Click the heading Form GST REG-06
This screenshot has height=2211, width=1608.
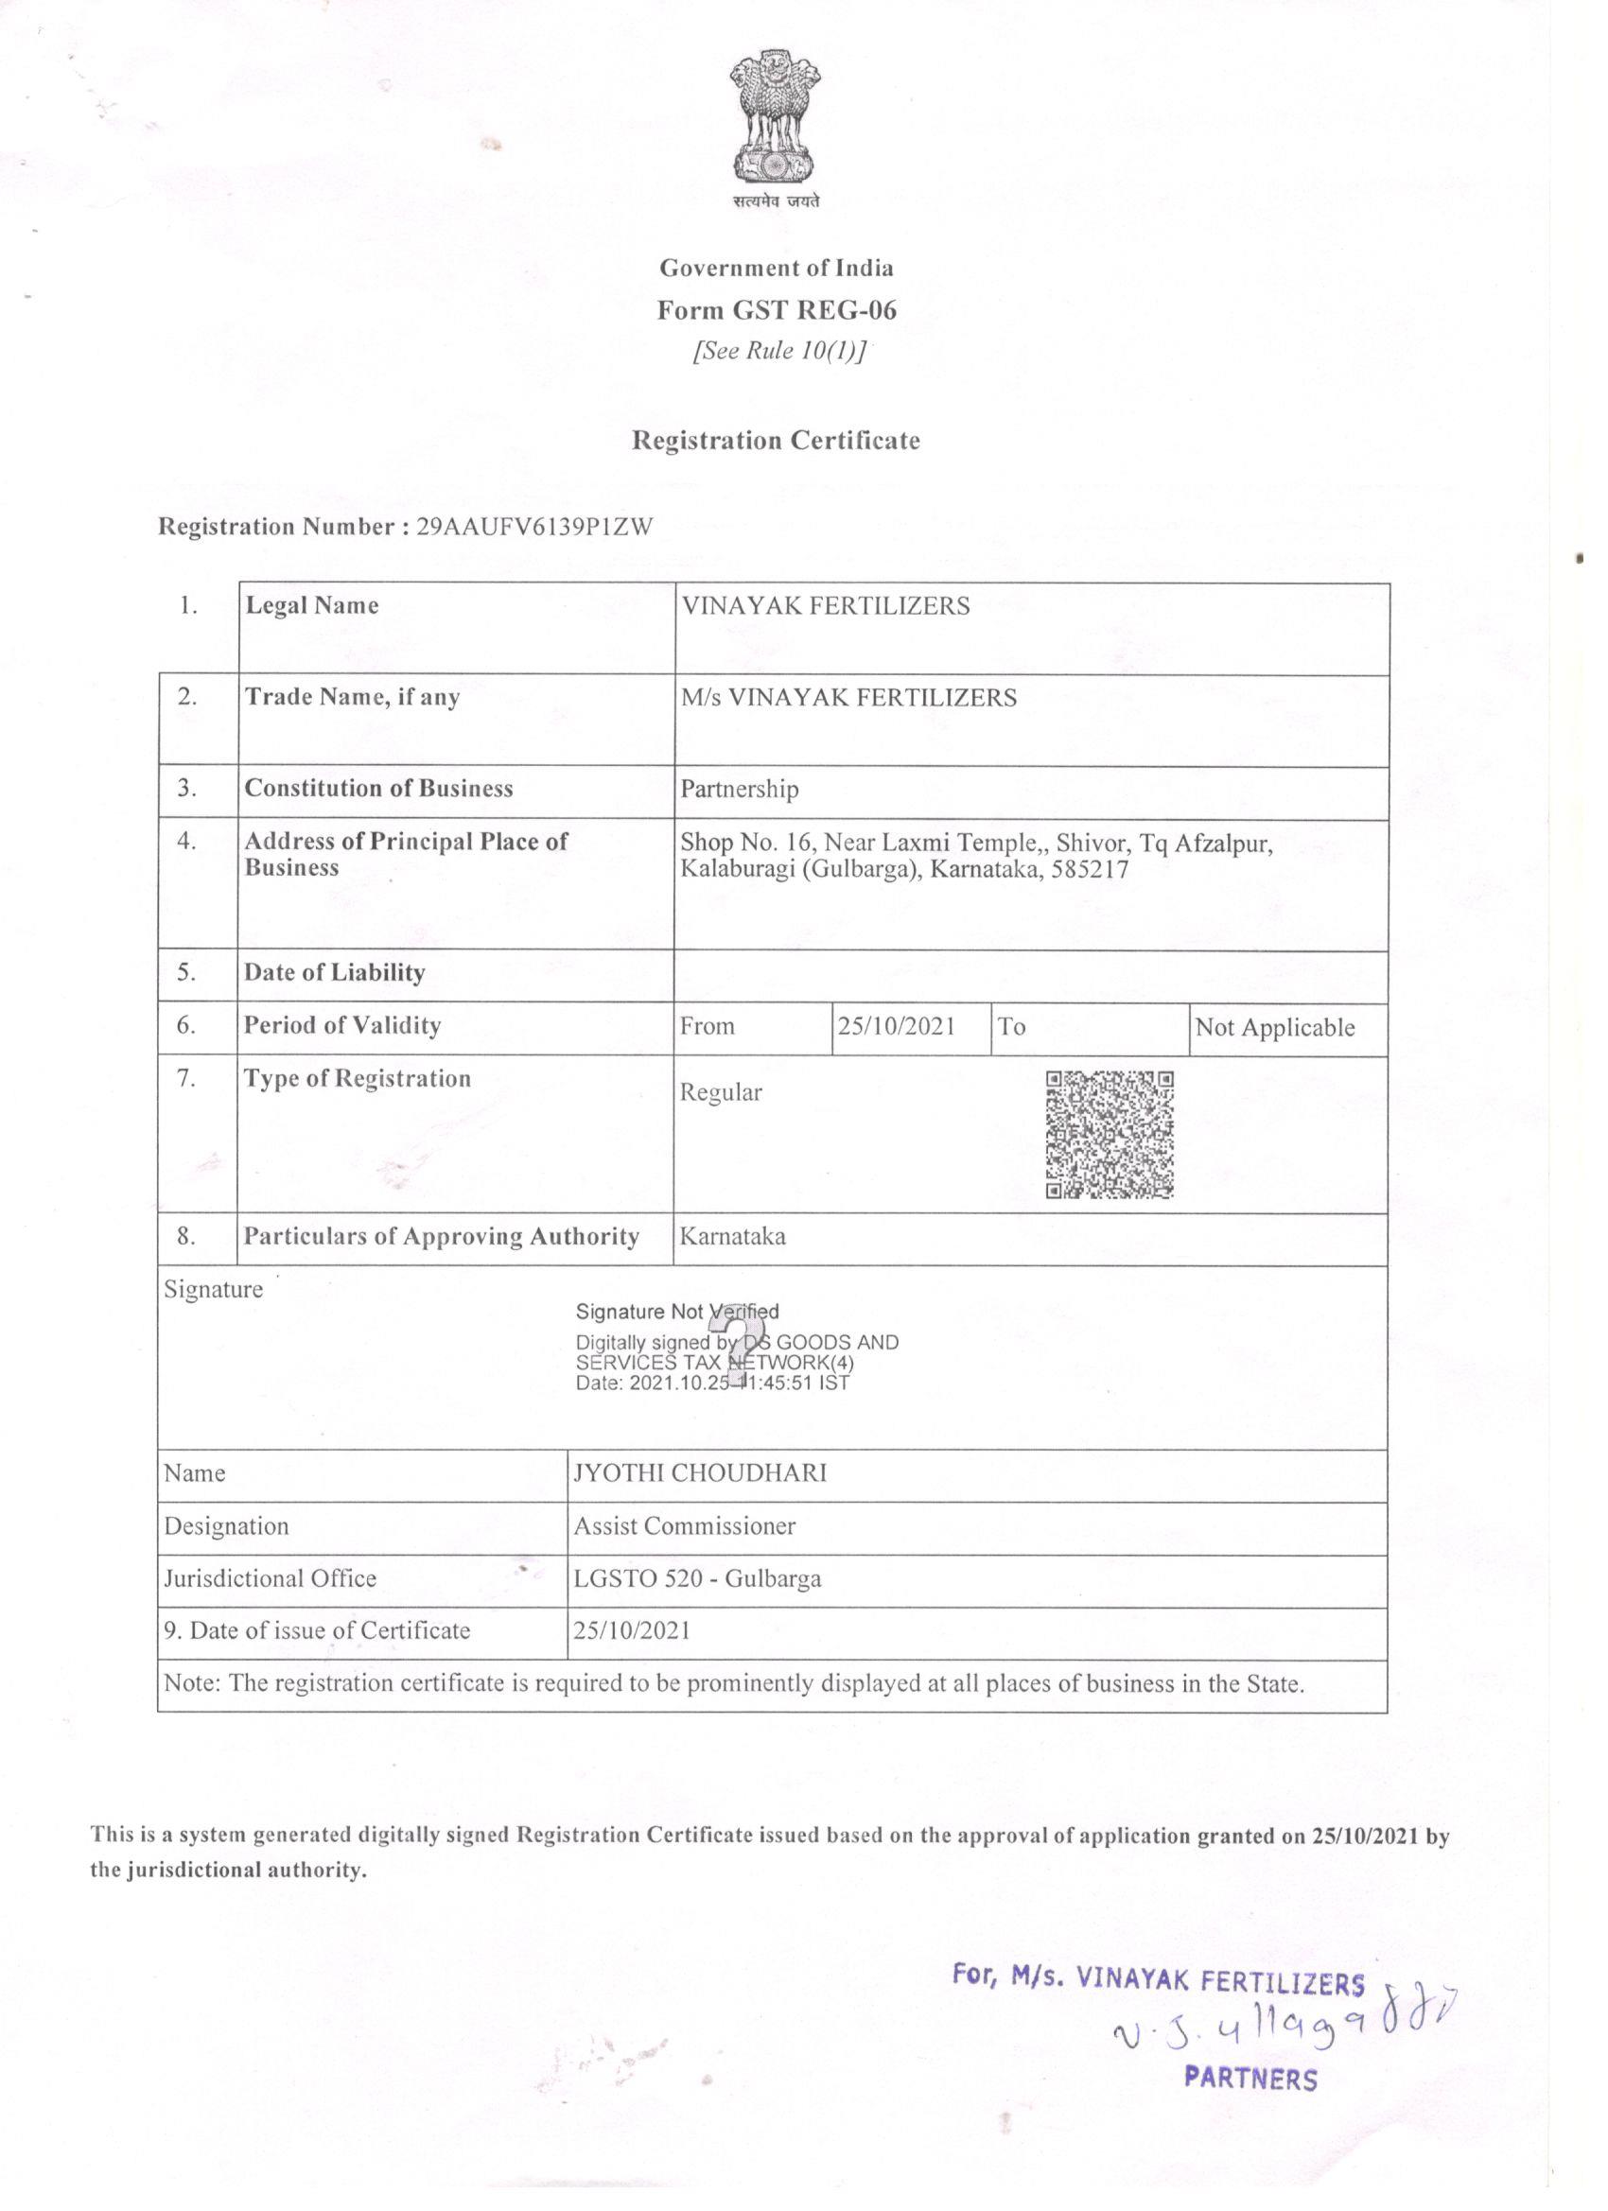pyautogui.click(x=777, y=311)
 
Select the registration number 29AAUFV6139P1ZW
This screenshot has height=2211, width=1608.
pyautogui.click(x=534, y=528)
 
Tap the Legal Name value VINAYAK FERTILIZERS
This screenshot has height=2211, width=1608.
pyautogui.click(x=825, y=606)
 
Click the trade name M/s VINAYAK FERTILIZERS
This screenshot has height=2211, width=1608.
pyautogui.click(x=848, y=698)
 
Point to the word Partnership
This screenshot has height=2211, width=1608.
pyautogui.click(x=739, y=789)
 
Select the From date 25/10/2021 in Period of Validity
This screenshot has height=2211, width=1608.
pyautogui.click(x=896, y=1027)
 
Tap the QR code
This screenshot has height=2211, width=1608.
pyautogui.click(x=1109, y=1135)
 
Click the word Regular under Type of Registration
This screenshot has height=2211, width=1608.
pyautogui.click(x=721, y=1093)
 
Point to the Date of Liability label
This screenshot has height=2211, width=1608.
pyautogui.click(x=335, y=973)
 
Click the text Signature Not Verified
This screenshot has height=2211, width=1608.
pyautogui.click(x=676, y=1312)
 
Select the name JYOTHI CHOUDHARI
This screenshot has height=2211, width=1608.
pyautogui.click(x=699, y=1473)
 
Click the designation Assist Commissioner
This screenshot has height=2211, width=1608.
pyautogui.click(x=684, y=1525)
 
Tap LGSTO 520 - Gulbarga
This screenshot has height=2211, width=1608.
pyautogui.click(x=696, y=1578)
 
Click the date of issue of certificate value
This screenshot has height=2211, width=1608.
pyautogui.click(x=631, y=1631)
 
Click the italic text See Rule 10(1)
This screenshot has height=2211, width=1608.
pyautogui.click(x=778, y=352)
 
